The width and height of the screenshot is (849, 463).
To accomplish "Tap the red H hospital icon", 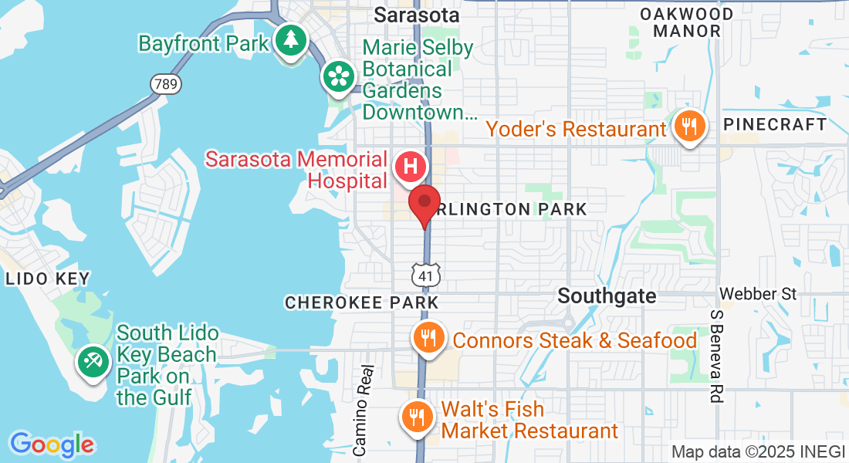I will pyautogui.click(x=411, y=166).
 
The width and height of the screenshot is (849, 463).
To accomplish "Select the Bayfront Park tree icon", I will pyautogui.click(x=290, y=39).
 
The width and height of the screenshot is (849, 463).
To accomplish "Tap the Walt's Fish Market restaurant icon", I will pyautogui.click(x=417, y=417).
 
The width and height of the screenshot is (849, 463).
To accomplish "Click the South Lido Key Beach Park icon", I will pyautogui.click(x=94, y=360).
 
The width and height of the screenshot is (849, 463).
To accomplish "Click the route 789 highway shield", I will pyautogui.click(x=167, y=83).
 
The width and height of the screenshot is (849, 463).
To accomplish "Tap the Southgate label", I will pyautogui.click(x=607, y=296).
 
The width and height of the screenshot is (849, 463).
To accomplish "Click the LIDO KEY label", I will pyautogui.click(x=47, y=279).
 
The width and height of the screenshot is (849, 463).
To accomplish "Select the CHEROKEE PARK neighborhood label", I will pyautogui.click(x=361, y=302).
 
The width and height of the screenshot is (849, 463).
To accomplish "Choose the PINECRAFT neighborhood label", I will pyautogui.click(x=775, y=124).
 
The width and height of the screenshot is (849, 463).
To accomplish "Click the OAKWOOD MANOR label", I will pyautogui.click(x=686, y=22).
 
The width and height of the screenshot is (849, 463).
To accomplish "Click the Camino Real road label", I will pyautogui.click(x=363, y=409).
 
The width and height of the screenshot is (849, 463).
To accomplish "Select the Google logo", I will pyautogui.click(x=52, y=444).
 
